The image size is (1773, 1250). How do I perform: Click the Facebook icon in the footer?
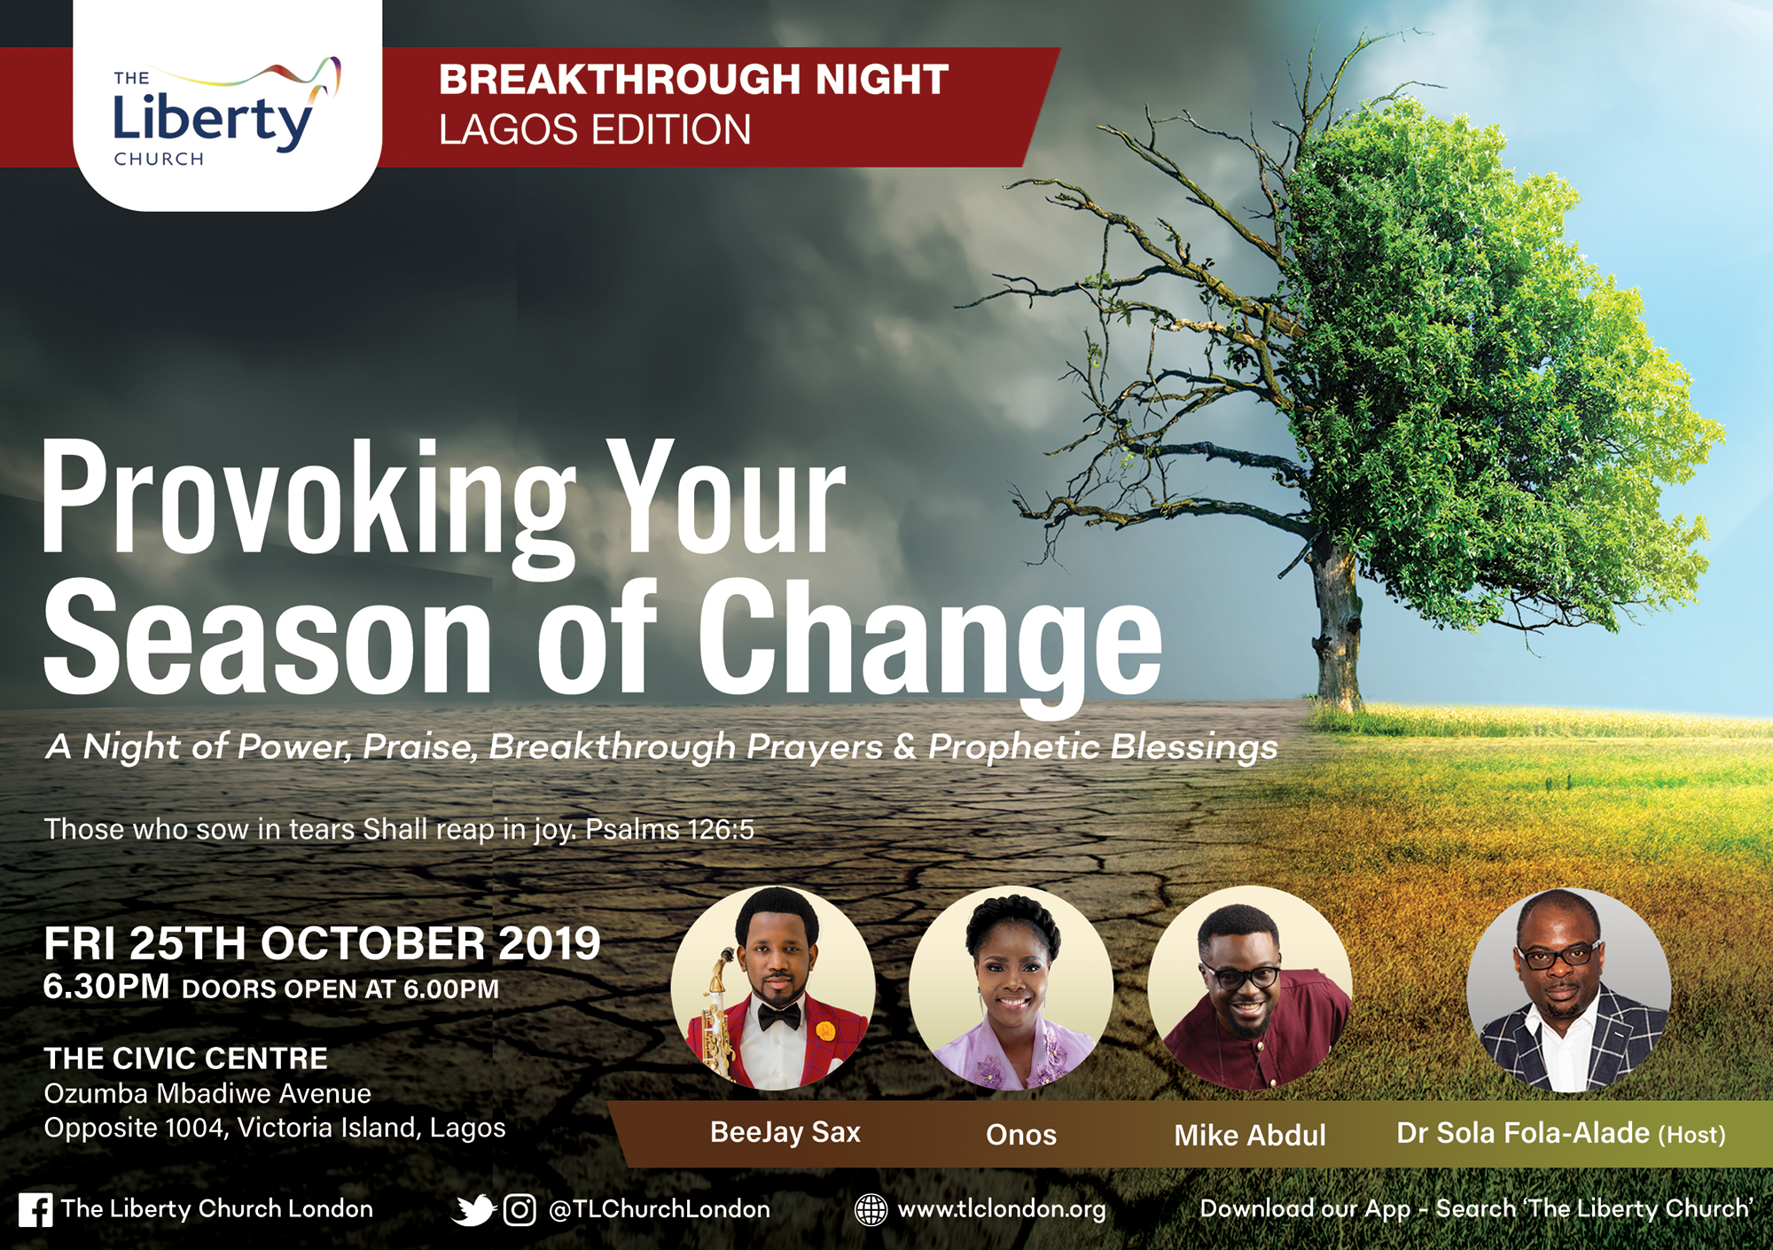click(35, 1210)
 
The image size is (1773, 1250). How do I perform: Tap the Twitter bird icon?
click(473, 1210)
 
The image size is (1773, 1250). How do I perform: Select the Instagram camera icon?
click(519, 1210)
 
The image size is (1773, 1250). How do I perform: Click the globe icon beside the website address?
click(871, 1210)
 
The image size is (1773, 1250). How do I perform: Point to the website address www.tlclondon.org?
click(1002, 1210)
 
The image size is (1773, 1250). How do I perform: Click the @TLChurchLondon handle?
click(660, 1209)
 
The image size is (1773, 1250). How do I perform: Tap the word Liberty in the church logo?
click(213, 120)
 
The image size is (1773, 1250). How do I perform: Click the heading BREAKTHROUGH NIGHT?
click(693, 79)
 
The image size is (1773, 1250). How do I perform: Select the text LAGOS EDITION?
click(595, 129)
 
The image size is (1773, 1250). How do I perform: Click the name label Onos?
click(1021, 1135)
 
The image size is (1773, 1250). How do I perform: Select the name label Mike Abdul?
click(1250, 1136)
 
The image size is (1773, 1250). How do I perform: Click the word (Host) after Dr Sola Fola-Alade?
click(1692, 1135)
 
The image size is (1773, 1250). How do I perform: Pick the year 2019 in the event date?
click(550, 943)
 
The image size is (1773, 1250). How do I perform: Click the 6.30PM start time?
click(106, 987)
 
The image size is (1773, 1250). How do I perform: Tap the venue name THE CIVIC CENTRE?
click(186, 1058)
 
